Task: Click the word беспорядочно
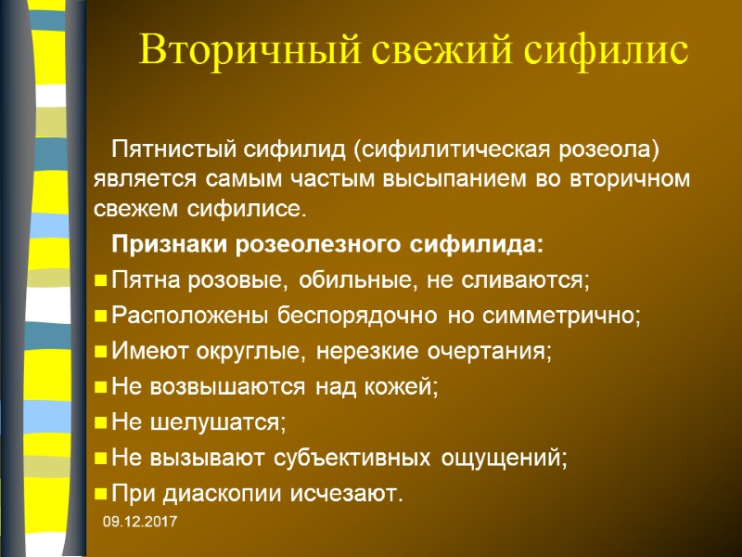tap(359, 315)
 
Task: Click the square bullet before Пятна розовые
tap(100, 279)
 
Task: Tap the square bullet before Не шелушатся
tap(100, 422)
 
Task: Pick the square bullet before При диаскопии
tap(100, 493)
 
